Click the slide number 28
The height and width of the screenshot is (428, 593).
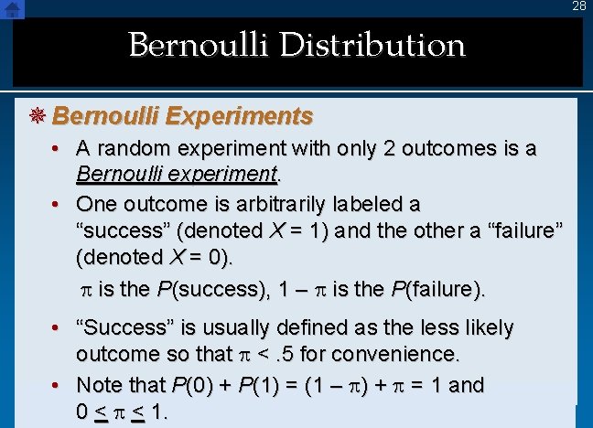[579, 6]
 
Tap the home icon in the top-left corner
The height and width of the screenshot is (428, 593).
[12, 8]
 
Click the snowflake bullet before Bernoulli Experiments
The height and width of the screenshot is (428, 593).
[38, 116]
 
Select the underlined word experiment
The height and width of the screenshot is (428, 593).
[227, 173]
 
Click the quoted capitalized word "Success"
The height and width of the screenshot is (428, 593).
[121, 327]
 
